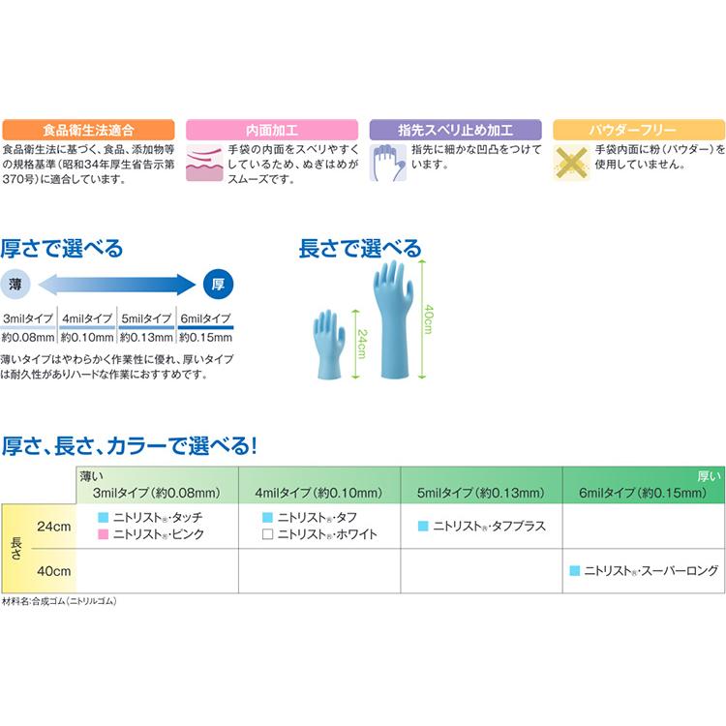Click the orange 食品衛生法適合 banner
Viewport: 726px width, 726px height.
88,130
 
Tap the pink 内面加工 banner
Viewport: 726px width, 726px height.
272,130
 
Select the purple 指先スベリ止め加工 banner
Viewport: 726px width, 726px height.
455,130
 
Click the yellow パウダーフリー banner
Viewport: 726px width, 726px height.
639,130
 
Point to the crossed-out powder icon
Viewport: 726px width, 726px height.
572,163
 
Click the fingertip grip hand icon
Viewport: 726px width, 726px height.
388,163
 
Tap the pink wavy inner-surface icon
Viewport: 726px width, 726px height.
204,163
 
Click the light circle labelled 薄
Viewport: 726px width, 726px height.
15,284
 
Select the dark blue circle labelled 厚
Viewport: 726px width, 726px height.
219,284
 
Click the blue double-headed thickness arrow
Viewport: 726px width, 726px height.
117,284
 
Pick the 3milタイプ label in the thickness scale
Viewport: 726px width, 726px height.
28,318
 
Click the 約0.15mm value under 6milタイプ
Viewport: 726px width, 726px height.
205,338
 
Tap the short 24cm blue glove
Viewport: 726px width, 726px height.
329,344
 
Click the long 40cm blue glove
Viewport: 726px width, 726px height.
393,319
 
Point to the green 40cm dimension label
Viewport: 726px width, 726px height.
429,319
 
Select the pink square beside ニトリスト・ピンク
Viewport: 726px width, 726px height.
104,534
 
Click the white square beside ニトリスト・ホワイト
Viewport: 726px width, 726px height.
267,534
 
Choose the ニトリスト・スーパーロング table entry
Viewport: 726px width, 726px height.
644,571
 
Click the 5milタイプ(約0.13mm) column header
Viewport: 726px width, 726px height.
480,493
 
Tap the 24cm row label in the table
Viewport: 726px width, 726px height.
53,527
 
